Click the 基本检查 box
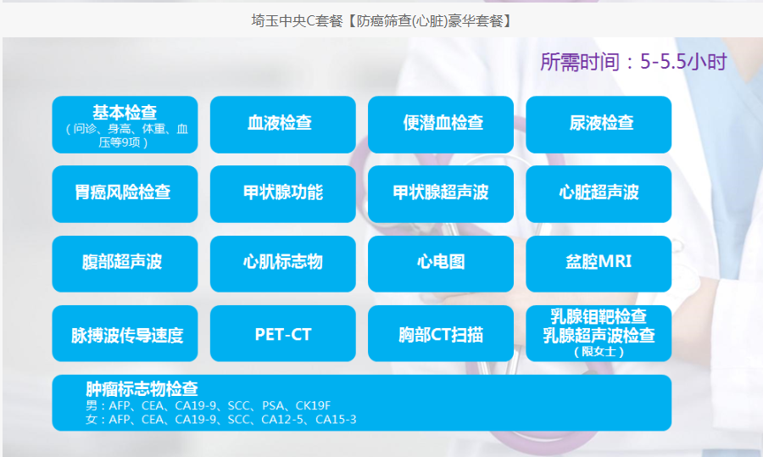tap(125, 125)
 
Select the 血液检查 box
tap(282, 125)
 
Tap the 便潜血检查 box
tap(440, 125)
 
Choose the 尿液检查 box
tap(599, 125)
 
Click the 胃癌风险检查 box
tap(125, 194)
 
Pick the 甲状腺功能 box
tap(282, 194)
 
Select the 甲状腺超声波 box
tap(440, 194)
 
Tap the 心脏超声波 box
tap(599, 194)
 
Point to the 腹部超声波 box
tap(125, 264)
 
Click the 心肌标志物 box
tap(282, 264)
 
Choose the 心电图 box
tap(440, 264)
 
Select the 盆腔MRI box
tap(599, 264)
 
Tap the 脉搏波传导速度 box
tap(125, 333)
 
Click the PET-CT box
tap(282, 333)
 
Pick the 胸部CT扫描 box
tap(440, 333)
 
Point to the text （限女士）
tap(599, 351)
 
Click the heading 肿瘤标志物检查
tap(142, 389)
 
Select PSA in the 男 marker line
tap(272, 405)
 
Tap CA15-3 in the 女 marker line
tap(336, 419)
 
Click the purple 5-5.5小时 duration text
tap(683, 62)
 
